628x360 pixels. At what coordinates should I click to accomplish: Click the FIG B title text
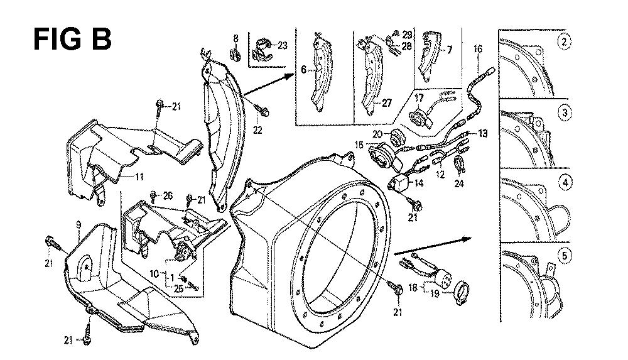72,38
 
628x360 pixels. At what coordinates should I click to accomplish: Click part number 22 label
257,130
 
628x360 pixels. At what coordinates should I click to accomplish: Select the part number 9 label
78,224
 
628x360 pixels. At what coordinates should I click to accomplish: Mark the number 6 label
303,70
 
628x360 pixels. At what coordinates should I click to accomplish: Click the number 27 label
386,103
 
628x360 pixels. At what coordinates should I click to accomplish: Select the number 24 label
460,184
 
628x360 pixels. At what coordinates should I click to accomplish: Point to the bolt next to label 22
264,112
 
